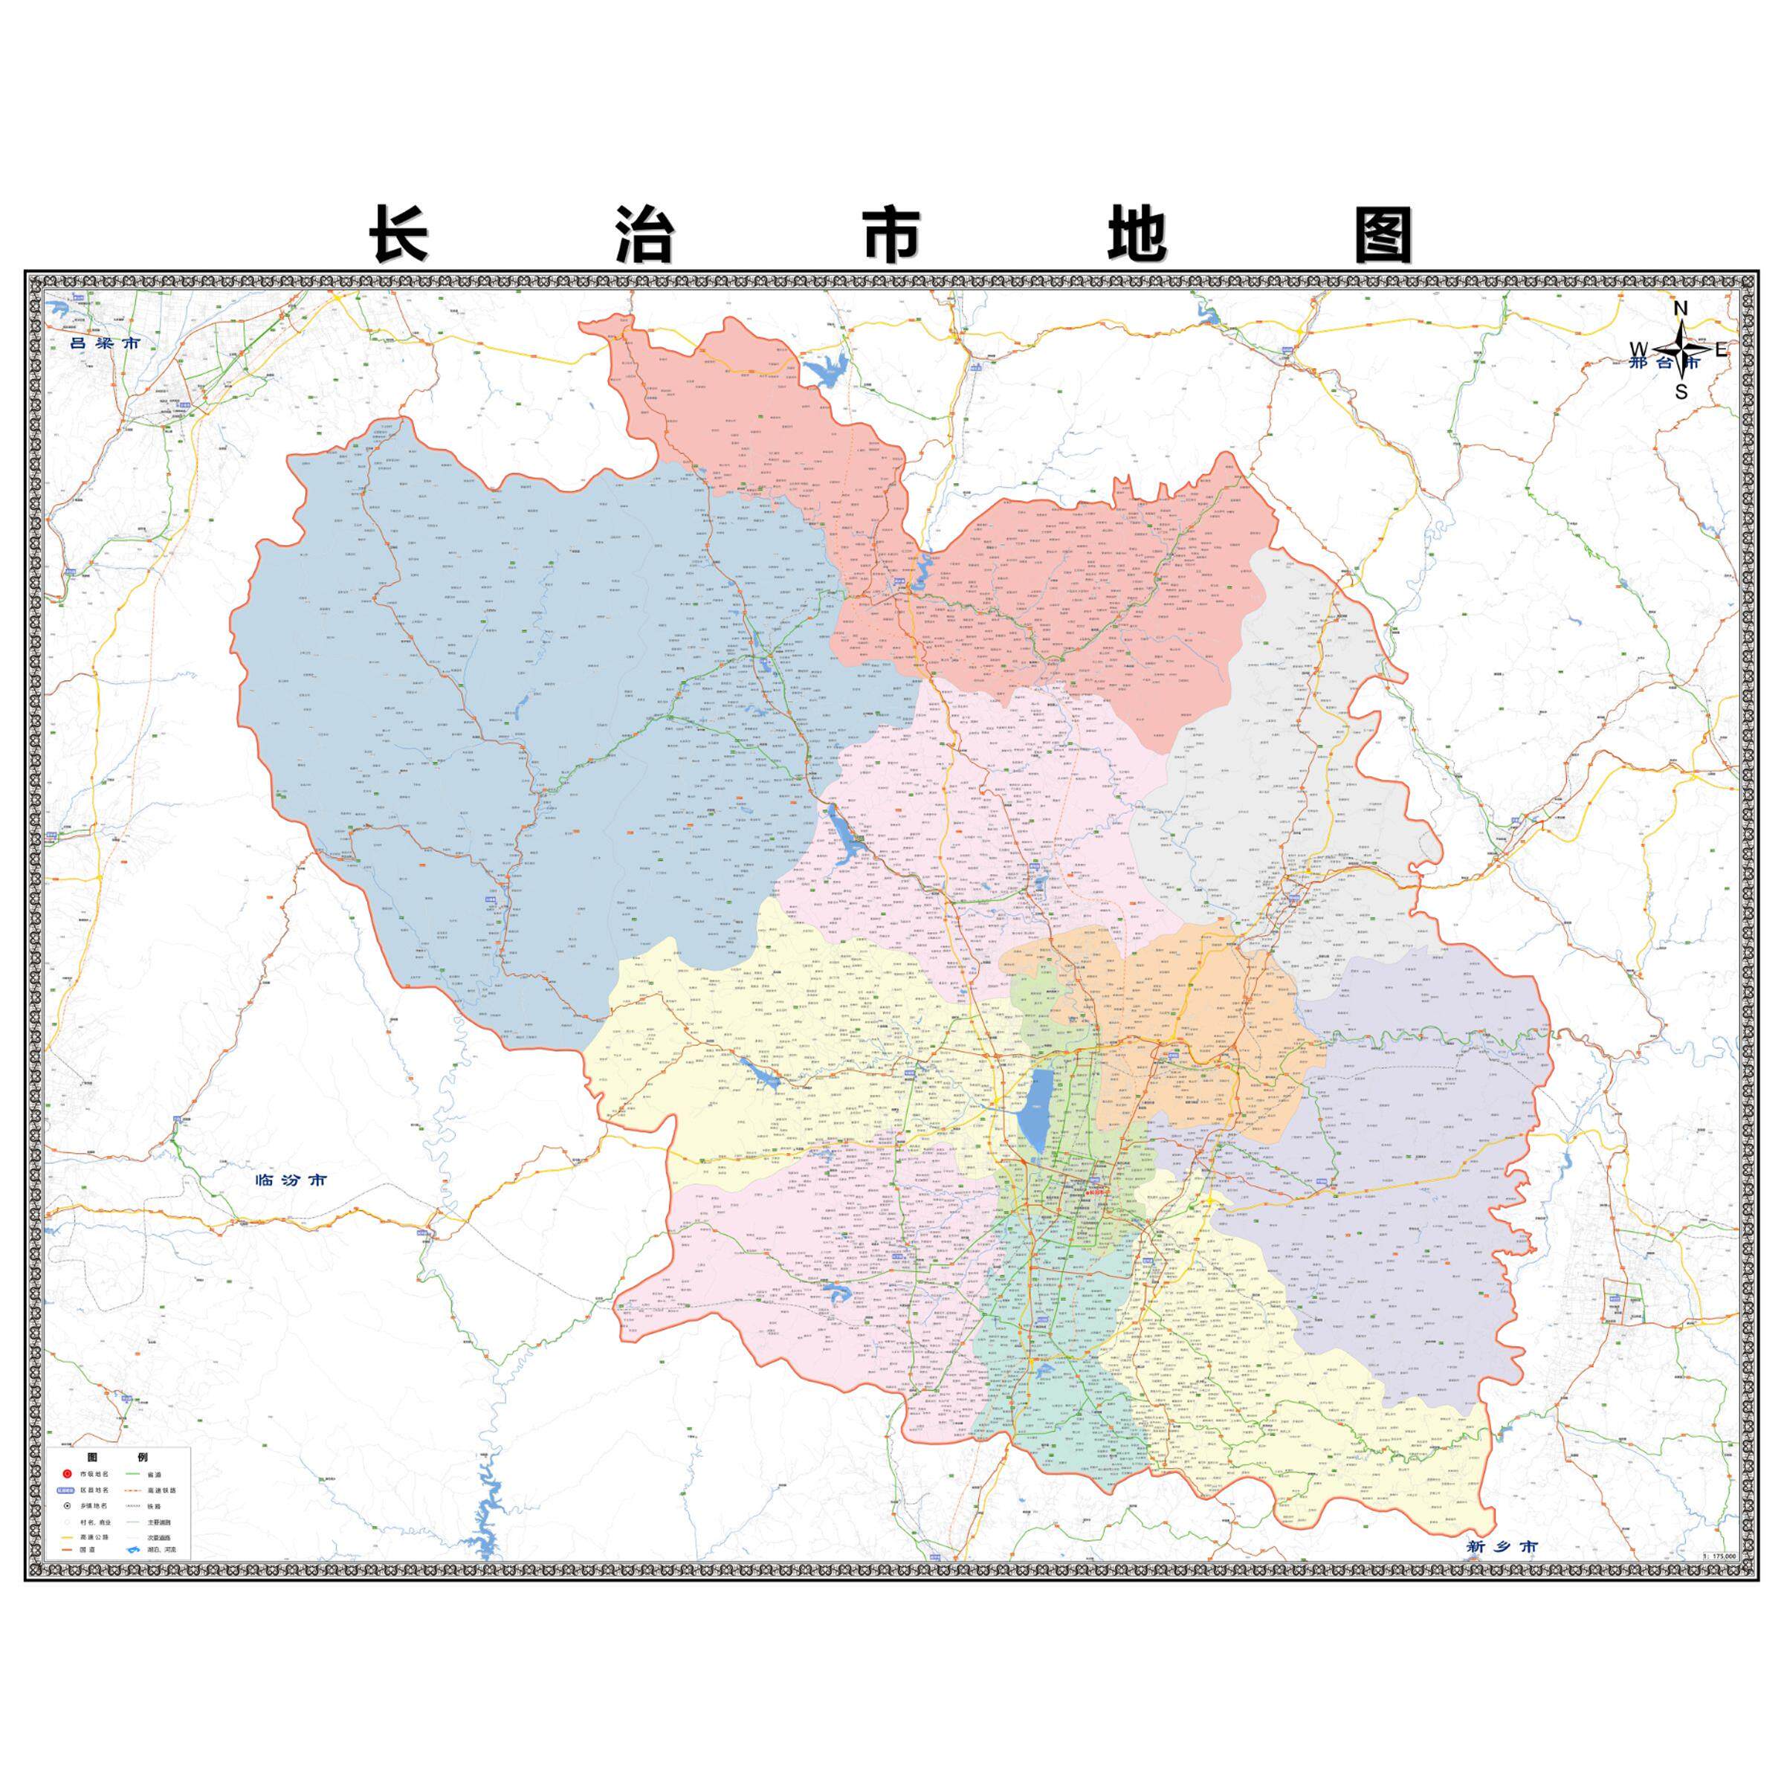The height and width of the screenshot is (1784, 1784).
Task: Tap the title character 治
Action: point(644,235)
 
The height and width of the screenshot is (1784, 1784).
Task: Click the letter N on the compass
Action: point(1681,308)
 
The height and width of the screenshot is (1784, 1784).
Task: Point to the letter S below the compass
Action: point(1681,392)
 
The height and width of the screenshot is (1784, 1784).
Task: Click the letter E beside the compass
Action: point(1722,350)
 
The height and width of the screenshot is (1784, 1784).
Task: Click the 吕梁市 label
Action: point(106,343)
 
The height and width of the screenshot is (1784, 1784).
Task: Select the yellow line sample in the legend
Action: point(66,1537)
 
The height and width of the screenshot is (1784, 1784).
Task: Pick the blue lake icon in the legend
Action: point(130,1551)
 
